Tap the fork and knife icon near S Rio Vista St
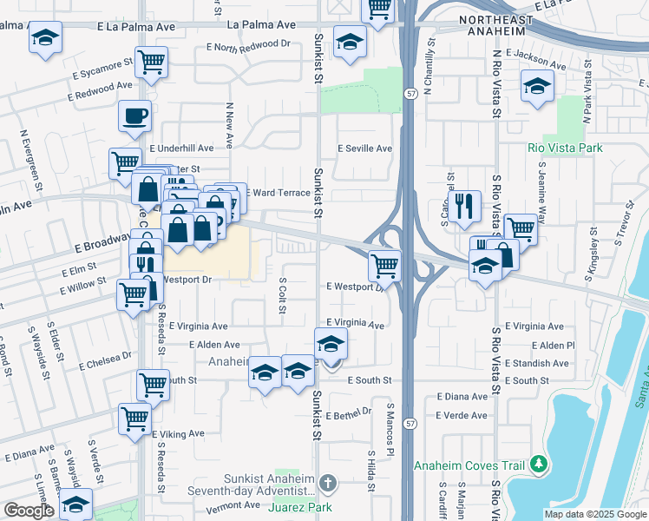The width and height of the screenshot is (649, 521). coord(467,205)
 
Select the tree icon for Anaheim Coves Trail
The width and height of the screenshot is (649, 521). coord(540,465)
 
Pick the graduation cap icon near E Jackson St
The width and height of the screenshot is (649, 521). coord(538,85)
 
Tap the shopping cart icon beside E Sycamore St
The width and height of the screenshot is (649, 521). coord(151,63)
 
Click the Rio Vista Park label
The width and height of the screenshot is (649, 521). coord(565,148)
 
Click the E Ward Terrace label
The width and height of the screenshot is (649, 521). coord(279,192)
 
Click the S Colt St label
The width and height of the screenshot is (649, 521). coord(283,298)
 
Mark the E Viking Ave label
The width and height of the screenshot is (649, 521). coord(178,433)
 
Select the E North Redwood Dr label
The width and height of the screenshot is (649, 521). coord(247,44)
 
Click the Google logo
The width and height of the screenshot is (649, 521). coord(29,511)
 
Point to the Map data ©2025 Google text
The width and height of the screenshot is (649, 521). coord(594,514)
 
